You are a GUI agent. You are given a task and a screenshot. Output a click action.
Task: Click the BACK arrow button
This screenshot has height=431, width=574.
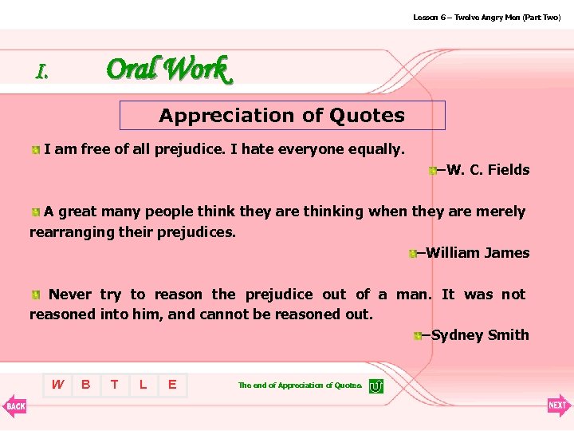click(14, 405)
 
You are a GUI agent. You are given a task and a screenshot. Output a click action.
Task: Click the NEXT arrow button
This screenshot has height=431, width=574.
click(559, 405)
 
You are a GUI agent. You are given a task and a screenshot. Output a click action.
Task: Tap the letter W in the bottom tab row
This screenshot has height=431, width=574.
click(57, 385)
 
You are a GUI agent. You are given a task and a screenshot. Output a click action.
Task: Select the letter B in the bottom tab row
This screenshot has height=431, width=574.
click(86, 385)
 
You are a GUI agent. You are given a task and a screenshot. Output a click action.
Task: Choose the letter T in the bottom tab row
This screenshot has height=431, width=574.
click(115, 385)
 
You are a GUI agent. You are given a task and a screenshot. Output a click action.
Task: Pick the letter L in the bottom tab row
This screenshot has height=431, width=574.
click(143, 385)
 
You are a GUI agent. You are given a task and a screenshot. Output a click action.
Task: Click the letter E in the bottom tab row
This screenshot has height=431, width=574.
click(172, 385)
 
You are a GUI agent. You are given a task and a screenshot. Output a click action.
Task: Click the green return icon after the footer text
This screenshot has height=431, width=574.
click(376, 386)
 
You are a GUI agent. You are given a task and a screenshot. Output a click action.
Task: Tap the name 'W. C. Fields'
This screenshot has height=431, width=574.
click(488, 169)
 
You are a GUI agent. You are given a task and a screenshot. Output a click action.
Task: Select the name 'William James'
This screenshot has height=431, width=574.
click(478, 253)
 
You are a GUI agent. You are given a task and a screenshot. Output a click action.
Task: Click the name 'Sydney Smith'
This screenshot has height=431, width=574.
click(480, 335)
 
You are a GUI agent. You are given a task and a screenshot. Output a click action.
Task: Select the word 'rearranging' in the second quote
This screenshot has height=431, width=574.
click(72, 232)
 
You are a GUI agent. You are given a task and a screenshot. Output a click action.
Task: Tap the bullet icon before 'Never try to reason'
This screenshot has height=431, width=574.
click(37, 295)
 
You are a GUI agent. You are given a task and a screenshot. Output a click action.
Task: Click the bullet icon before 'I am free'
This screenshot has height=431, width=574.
click(36, 149)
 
